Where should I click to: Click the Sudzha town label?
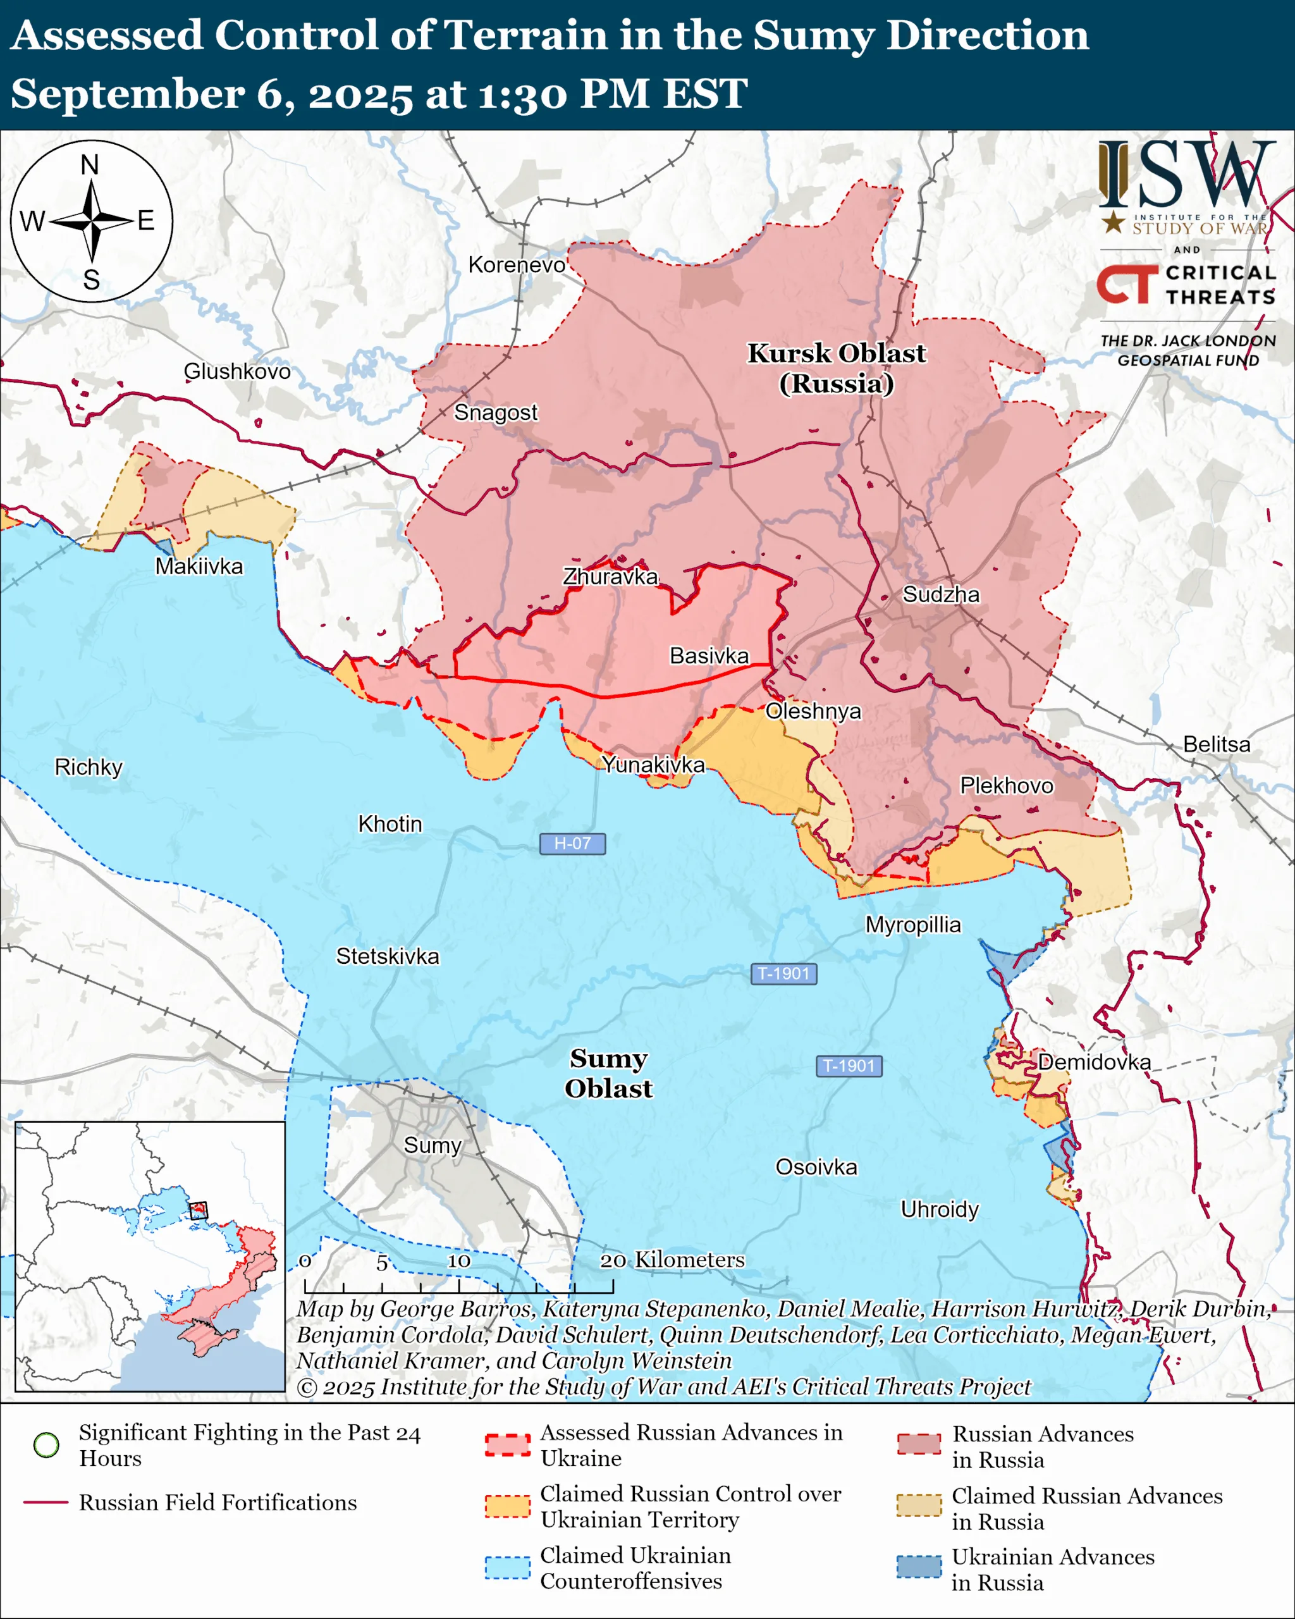pyautogui.click(x=941, y=594)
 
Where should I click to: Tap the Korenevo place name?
pyautogui.click(x=517, y=264)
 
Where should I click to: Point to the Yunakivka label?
pyautogui.click(x=653, y=765)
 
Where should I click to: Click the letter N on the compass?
pyautogui.click(x=90, y=164)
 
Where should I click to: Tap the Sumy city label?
pyautogui.click(x=433, y=1145)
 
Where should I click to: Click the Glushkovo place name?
pyautogui.click(x=237, y=371)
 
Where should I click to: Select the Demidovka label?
pyautogui.click(x=1094, y=1062)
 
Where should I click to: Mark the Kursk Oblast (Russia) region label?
pyautogui.click(x=837, y=368)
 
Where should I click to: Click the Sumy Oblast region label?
pyautogui.click(x=608, y=1073)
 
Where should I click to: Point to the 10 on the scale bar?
pyautogui.click(x=458, y=1261)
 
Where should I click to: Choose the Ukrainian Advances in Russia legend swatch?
pyautogui.click(x=919, y=1567)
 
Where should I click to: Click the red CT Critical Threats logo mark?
pyautogui.click(x=1127, y=284)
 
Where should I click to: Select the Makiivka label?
pyautogui.click(x=199, y=566)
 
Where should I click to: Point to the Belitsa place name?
pyautogui.click(x=1216, y=744)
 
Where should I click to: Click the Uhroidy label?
pyautogui.click(x=940, y=1210)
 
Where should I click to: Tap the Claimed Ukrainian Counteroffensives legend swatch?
pyautogui.click(x=508, y=1567)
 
